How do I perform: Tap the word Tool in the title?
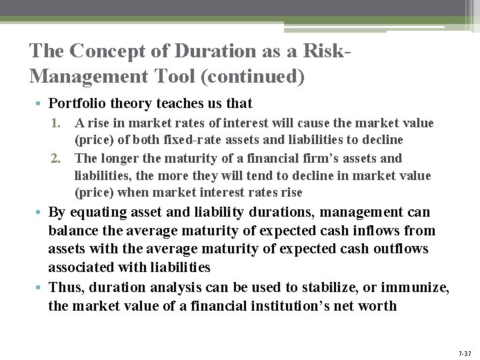click(x=174, y=77)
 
